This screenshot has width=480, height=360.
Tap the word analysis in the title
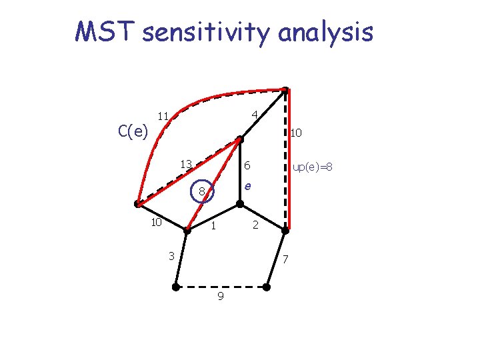326,32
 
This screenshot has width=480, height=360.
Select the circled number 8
201,193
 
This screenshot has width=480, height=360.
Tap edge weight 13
186,164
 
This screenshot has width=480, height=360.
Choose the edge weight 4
254,115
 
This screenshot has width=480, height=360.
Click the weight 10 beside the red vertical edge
296,133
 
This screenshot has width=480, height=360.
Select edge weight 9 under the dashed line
220,296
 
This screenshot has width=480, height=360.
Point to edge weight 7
284,259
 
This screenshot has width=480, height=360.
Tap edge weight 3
171,255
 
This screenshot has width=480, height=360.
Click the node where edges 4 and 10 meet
285,89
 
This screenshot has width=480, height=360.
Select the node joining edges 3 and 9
175,288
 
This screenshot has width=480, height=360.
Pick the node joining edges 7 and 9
266,288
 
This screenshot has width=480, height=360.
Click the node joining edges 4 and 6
241,139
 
